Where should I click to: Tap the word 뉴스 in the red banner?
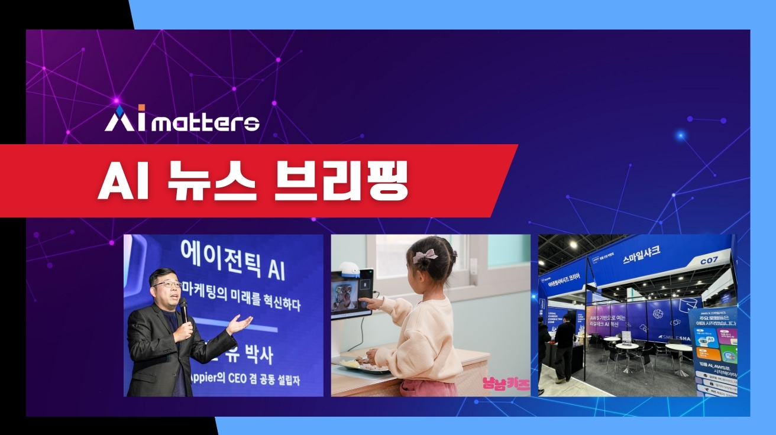[x=217, y=180]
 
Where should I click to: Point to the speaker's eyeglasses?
[x=167, y=284]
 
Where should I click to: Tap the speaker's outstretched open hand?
[x=240, y=323]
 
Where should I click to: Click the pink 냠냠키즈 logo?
[x=506, y=384]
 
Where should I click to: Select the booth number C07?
[x=709, y=260]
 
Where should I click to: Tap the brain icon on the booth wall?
[x=658, y=313]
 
